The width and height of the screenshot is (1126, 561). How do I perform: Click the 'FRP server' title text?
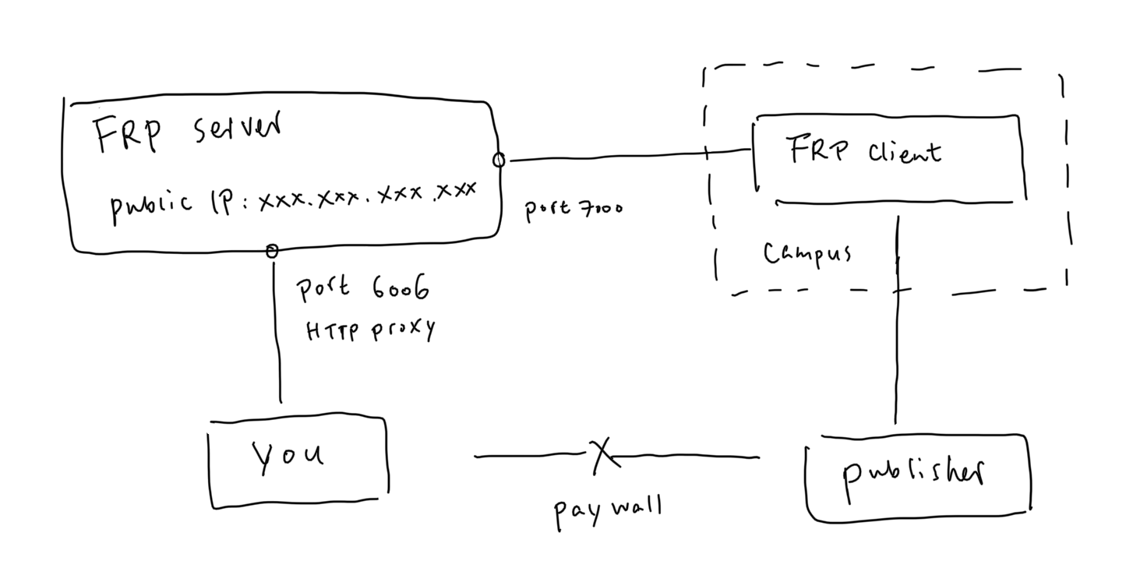[187, 132]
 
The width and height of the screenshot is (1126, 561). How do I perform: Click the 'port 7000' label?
[574, 208]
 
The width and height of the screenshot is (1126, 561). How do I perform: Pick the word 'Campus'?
[806, 254]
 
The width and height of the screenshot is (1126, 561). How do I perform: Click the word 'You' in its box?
[288, 456]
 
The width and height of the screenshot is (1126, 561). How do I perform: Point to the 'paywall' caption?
[608, 510]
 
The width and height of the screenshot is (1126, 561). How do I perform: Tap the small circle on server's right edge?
[499, 161]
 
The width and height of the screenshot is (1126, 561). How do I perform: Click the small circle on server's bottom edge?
[272, 251]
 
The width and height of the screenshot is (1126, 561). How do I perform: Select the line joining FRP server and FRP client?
[623, 156]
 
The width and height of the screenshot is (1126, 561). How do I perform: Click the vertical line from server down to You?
[277, 335]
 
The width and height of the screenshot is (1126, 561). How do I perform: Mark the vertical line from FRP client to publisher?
[897, 351]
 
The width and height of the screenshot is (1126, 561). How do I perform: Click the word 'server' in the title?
[234, 129]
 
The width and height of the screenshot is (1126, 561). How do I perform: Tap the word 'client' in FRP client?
[904, 150]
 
